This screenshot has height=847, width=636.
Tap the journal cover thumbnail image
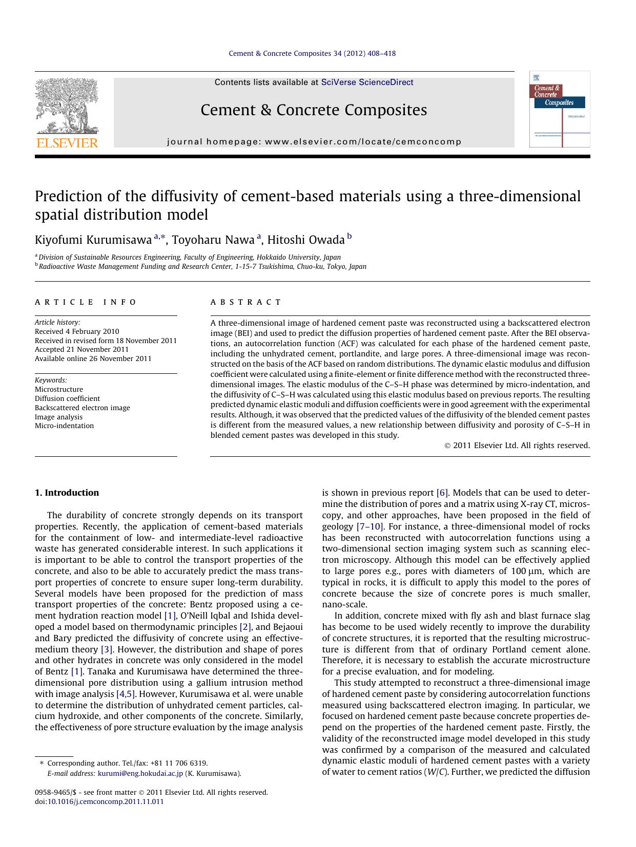[559, 109]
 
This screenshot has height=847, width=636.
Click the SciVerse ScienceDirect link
[367, 82]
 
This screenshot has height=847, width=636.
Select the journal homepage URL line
[314, 142]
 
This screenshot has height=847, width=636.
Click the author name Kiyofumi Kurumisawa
[93, 240]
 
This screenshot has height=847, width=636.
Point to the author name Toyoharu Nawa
[213, 240]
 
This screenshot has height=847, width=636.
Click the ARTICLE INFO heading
[86, 302]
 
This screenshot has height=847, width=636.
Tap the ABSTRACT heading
[246, 302]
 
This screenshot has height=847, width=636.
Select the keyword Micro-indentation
[64, 426]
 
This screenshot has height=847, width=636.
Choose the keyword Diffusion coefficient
[67, 398]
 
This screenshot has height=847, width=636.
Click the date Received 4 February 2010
[77, 331]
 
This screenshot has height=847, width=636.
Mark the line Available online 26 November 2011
[93, 358]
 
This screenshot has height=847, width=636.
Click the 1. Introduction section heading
[67, 493]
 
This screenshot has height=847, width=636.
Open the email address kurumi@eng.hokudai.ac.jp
[140, 773]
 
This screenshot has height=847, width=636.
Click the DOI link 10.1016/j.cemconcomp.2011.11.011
[105, 801]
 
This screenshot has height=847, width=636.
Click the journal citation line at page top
[312, 53]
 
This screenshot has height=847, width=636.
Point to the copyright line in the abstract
[517, 446]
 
